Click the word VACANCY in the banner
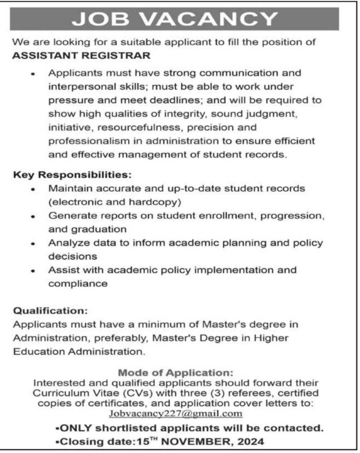(x=209, y=19)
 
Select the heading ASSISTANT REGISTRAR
(x=81, y=56)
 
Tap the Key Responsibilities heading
(x=72, y=175)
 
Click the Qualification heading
(x=50, y=311)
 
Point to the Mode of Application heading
(x=175, y=373)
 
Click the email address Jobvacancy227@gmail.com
(x=175, y=413)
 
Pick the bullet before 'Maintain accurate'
(x=33, y=189)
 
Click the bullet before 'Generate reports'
(x=33, y=217)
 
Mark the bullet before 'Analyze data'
(x=33, y=244)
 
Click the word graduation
(x=99, y=229)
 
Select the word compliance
(x=78, y=284)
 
